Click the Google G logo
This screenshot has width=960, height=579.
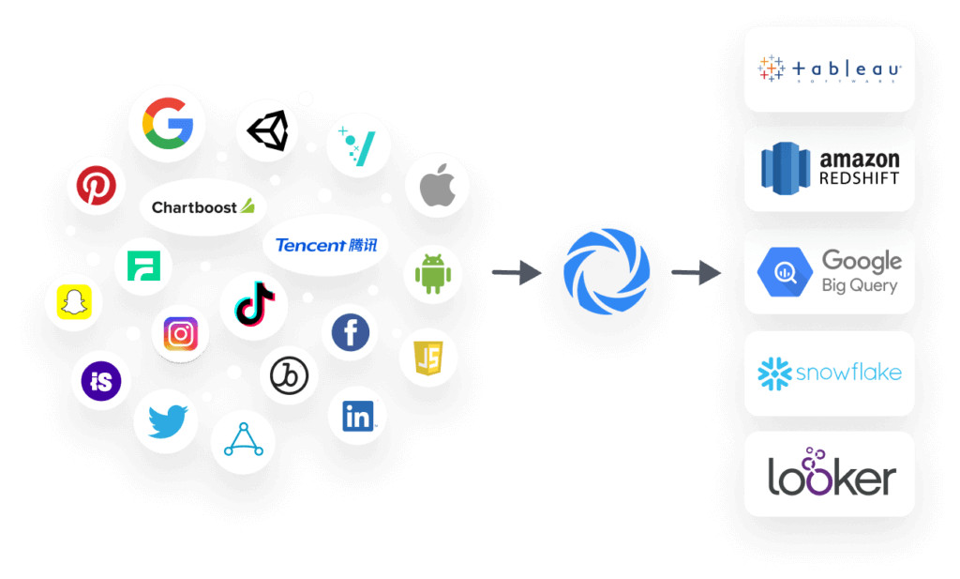point(168,122)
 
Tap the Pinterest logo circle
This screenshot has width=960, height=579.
point(96,186)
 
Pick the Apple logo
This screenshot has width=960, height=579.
point(437,186)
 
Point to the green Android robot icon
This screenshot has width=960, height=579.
point(433,275)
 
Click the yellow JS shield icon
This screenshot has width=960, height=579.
point(428,358)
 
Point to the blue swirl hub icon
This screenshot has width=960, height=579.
point(607,271)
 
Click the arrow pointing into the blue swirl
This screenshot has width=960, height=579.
point(517,273)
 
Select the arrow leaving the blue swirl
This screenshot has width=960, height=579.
point(697,273)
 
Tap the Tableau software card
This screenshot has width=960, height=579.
point(829,69)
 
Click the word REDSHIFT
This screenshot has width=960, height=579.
point(859,178)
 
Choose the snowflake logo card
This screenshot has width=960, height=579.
point(829,373)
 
